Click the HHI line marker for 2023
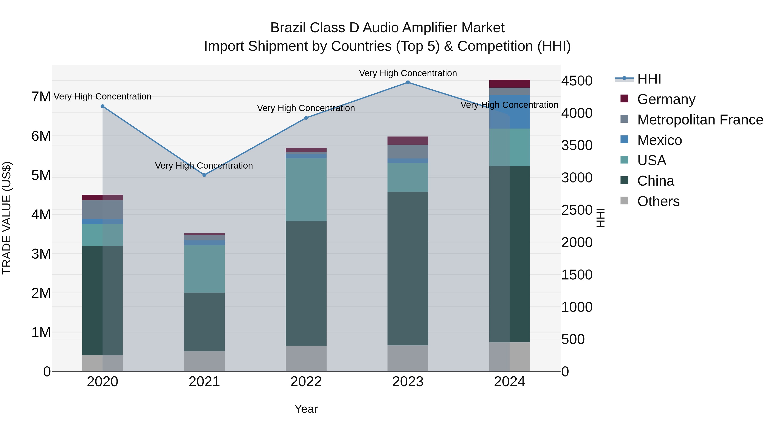(408, 82)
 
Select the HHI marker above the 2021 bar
(204, 175)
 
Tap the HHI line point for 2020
(103, 106)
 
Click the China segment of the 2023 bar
(408, 268)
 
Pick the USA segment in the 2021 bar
(204, 269)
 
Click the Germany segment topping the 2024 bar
(509, 84)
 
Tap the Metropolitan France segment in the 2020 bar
(103, 209)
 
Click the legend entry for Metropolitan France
(700, 120)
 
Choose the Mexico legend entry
(659, 140)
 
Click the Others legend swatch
(624, 201)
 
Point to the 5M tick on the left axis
(41, 175)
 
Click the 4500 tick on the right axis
(577, 81)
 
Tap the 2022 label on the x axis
(306, 382)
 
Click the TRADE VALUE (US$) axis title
(7, 218)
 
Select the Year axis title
(306, 409)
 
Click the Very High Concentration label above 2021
(204, 166)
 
